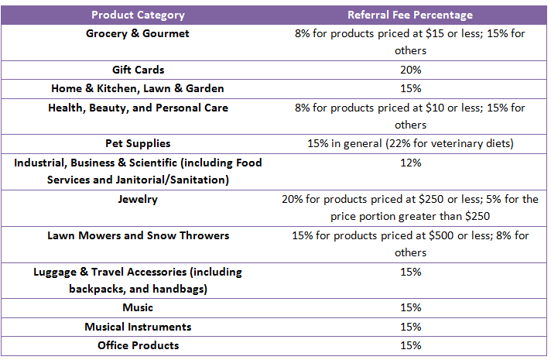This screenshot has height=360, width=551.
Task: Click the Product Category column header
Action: point(138,15)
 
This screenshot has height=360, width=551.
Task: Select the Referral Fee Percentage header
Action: point(410,15)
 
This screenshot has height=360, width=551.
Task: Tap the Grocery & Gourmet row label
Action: point(138,34)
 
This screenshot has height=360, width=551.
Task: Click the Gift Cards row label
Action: point(138,70)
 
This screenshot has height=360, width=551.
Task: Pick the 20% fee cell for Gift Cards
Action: point(410,70)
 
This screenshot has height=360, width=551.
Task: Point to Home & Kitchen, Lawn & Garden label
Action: point(138,88)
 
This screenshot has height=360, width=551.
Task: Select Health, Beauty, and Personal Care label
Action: point(138,108)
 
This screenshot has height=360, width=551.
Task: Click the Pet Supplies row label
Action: point(138,143)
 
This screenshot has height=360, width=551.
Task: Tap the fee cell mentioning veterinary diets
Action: point(410,143)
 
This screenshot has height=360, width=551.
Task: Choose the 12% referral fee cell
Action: point(410,163)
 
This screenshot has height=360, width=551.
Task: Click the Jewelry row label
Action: point(138,199)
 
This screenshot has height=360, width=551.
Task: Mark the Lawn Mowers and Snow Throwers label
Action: point(138,235)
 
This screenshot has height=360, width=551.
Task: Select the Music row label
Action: point(138,308)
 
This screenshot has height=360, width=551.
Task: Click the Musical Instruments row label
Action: point(138,327)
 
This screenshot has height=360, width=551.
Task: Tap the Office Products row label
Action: point(138,345)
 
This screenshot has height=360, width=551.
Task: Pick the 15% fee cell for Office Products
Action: point(410,345)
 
